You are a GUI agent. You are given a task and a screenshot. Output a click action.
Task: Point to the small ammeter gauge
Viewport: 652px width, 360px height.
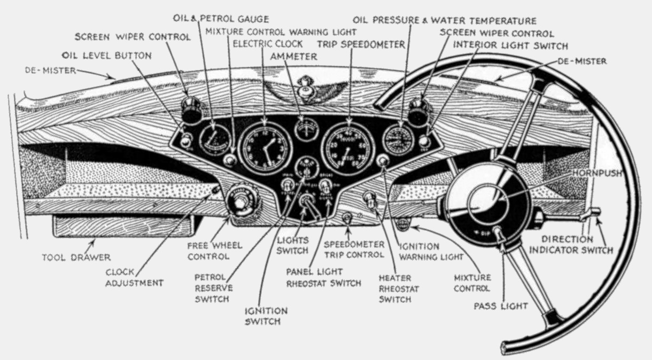tap(307, 128)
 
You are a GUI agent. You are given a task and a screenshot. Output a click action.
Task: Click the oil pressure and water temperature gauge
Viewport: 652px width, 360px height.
tap(399, 138)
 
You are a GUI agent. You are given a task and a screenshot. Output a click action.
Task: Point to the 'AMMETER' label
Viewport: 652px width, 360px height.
tap(294, 56)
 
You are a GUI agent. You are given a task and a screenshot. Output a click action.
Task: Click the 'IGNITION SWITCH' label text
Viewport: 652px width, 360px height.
tap(266, 316)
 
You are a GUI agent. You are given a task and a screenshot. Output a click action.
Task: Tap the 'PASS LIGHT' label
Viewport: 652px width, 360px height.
tap(501, 306)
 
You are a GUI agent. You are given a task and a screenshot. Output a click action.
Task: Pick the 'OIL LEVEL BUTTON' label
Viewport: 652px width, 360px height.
tap(107, 55)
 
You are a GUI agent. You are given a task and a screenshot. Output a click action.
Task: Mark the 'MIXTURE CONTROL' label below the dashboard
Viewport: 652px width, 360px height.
tap(472, 283)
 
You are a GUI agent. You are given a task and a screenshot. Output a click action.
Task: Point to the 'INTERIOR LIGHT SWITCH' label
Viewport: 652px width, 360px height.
tap(510, 45)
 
